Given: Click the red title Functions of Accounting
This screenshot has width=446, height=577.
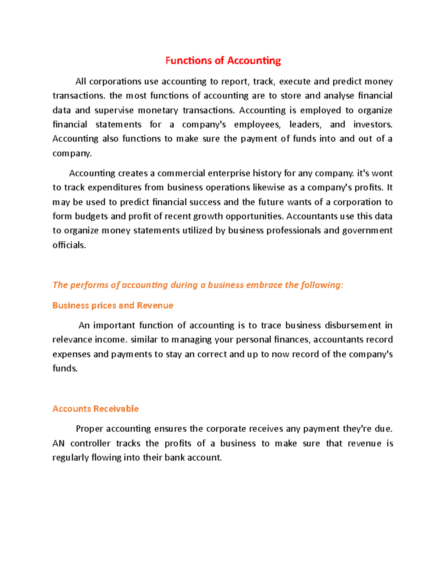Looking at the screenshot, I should (x=223, y=61).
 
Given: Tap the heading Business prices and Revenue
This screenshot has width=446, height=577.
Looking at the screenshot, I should (x=113, y=305).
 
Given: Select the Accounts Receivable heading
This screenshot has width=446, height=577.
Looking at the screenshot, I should (x=96, y=409).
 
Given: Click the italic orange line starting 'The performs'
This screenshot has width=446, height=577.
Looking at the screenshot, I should (x=198, y=285).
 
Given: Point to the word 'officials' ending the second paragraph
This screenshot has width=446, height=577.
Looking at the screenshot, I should (x=69, y=245).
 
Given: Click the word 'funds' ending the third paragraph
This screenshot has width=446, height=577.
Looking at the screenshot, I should (x=65, y=369).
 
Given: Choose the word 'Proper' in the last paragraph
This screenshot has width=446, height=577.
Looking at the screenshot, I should (x=89, y=429).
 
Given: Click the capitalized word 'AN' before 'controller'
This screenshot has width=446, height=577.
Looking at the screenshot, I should (x=58, y=444).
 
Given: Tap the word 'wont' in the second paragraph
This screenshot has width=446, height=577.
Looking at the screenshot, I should (x=382, y=174).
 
